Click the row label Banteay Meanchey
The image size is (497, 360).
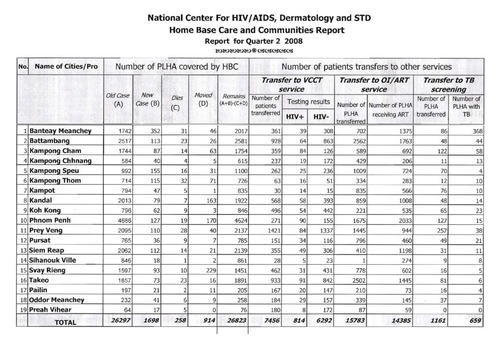(x=61, y=131)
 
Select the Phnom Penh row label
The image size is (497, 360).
(x=50, y=220)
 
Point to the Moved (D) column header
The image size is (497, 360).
(x=203, y=99)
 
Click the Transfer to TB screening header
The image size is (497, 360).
(x=448, y=85)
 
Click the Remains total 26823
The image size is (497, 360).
(x=235, y=321)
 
